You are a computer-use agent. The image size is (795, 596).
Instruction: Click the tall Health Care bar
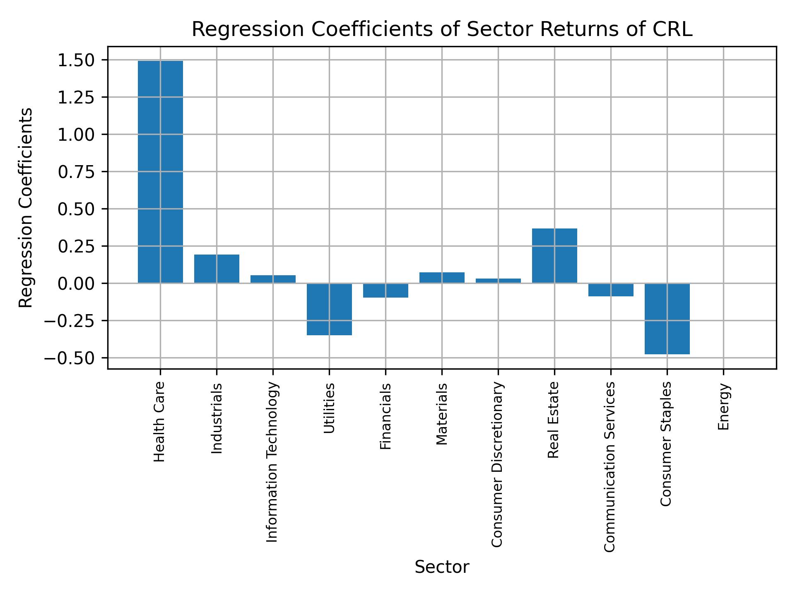pyautogui.click(x=160, y=172)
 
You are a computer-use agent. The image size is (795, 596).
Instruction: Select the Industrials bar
pyautogui.click(x=217, y=269)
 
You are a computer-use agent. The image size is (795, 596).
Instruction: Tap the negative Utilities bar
pyautogui.click(x=329, y=309)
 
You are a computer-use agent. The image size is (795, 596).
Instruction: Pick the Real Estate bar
pyautogui.click(x=554, y=256)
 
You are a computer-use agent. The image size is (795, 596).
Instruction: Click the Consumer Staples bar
pyautogui.click(x=667, y=318)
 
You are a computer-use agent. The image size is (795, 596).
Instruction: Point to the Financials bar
pyautogui.click(x=385, y=290)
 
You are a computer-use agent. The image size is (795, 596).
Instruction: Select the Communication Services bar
pyautogui.click(x=611, y=290)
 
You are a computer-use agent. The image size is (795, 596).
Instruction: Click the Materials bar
pyautogui.click(x=442, y=278)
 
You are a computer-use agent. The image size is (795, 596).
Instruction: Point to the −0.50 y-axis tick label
pyautogui.click(x=72, y=358)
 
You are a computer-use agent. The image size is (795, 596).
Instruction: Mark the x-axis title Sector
pyautogui.click(x=442, y=567)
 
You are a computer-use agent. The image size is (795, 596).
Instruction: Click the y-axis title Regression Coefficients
pyautogui.click(x=26, y=207)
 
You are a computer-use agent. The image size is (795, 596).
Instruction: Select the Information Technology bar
pyautogui.click(x=273, y=279)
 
